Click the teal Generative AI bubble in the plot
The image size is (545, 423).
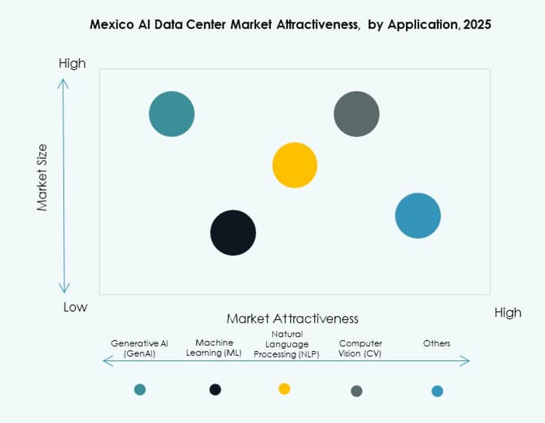pyautogui.click(x=172, y=114)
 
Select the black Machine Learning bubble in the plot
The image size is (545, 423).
pyautogui.click(x=233, y=233)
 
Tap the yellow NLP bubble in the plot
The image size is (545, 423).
pyautogui.click(x=295, y=165)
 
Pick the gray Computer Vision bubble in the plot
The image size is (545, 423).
pyautogui.click(x=356, y=114)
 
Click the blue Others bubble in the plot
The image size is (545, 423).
pyautogui.click(x=418, y=216)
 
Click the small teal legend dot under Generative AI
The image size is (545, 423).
pyautogui.click(x=139, y=390)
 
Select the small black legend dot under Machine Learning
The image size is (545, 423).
pyautogui.click(x=215, y=390)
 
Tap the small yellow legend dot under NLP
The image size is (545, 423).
pyautogui.click(x=284, y=388)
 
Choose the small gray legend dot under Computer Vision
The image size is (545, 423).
pyautogui.click(x=356, y=391)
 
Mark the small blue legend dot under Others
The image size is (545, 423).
pyautogui.click(x=437, y=391)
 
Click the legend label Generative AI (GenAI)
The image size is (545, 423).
pyautogui.click(x=139, y=348)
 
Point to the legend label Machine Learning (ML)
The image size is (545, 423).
pyautogui.click(x=214, y=347)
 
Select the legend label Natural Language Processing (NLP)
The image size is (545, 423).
pyautogui.click(x=287, y=344)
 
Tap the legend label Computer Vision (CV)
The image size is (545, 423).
pyautogui.click(x=360, y=348)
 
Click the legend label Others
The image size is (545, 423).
pyautogui.click(x=437, y=343)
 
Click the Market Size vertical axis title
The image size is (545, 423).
pyautogui.click(x=42, y=178)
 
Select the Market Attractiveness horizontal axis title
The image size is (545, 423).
pyautogui.click(x=292, y=319)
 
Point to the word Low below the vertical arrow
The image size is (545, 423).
pyautogui.click(x=75, y=308)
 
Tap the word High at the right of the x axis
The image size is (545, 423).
pyautogui.click(x=507, y=312)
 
